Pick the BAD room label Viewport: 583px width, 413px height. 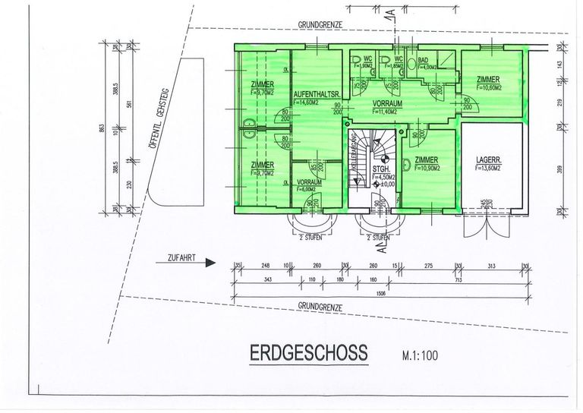[423, 60]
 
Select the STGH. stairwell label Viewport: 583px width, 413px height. [380, 169]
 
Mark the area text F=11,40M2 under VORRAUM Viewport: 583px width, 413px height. [387, 110]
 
